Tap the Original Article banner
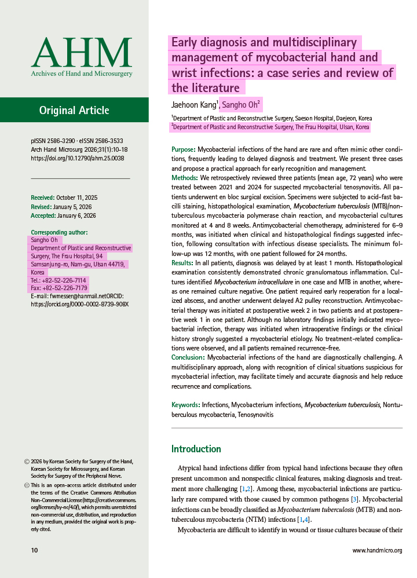click(x=74, y=111)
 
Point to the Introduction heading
click(x=196, y=449)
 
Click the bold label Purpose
click(x=183, y=150)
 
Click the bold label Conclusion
click(x=188, y=357)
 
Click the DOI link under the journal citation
click(x=77, y=158)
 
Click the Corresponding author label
click(x=59, y=232)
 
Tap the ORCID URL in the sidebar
click(x=79, y=304)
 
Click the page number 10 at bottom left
click(x=34, y=550)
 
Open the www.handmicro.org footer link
click(x=377, y=550)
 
